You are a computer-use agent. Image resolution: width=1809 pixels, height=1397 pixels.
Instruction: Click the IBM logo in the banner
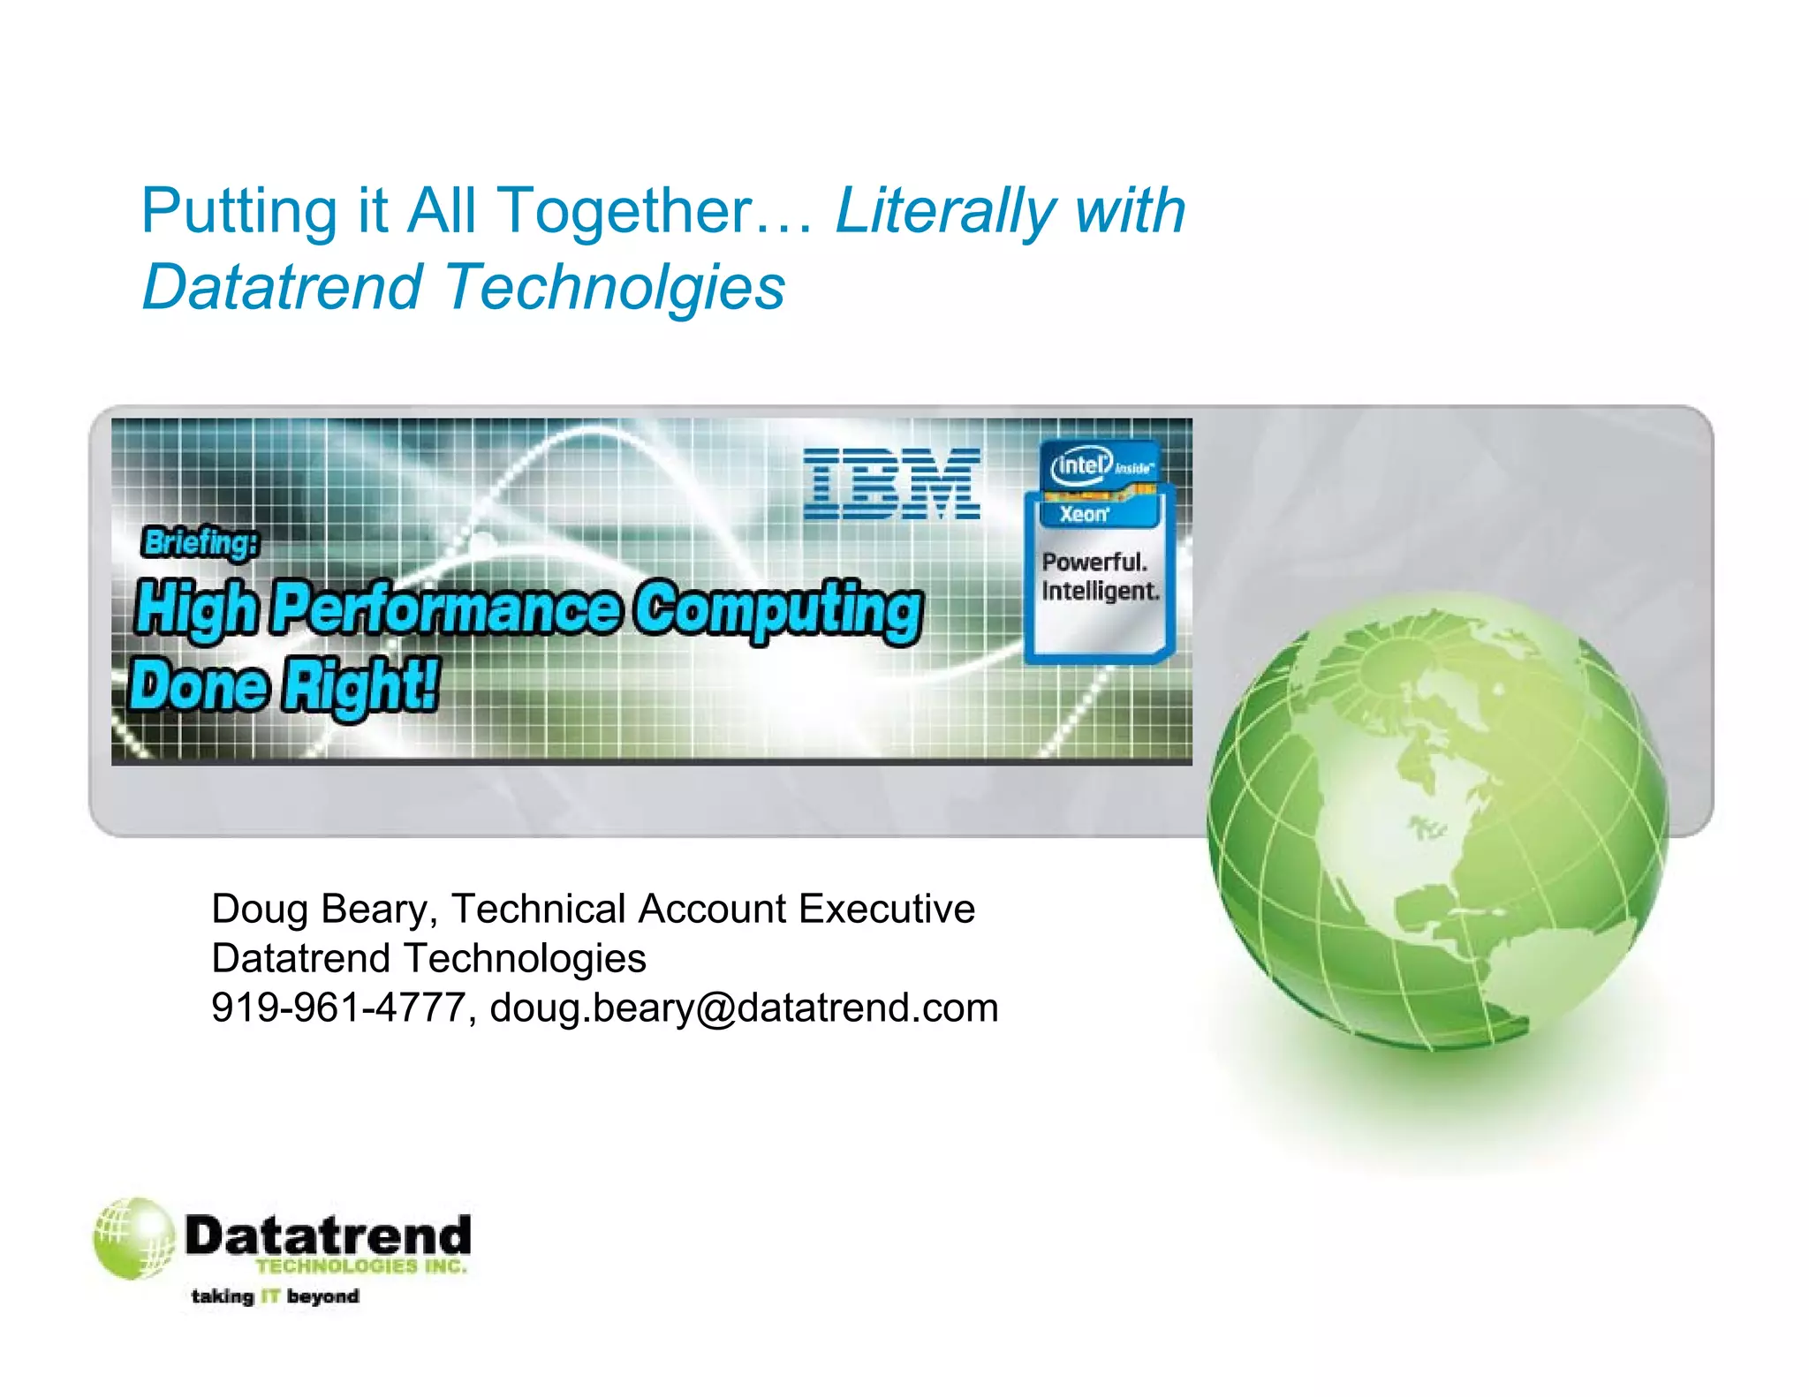pyautogui.click(x=891, y=483)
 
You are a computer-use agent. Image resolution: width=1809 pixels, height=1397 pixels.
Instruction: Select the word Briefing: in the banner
pyautogui.click(x=201, y=542)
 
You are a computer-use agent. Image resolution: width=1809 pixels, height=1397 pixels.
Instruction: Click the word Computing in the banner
pyautogui.click(x=778, y=610)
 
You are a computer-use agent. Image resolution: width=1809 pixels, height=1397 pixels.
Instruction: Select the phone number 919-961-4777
pyautogui.click(x=338, y=1008)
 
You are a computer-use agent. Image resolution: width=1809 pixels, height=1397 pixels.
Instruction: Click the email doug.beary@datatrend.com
pyautogui.click(x=744, y=1008)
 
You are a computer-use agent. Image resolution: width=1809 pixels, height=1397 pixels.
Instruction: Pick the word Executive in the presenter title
pyautogui.click(x=886, y=909)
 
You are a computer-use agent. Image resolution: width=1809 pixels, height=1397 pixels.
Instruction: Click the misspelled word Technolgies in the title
pyautogui.click(x=614, y=287)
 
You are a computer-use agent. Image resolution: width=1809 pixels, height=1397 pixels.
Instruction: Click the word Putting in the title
pyautogui.click(x=239, y=212)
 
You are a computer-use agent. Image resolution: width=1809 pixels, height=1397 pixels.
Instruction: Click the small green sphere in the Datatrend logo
pyautogui.click(x=133, y=1238)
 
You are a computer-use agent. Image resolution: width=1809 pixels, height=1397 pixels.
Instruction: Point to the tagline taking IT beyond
pyautogui.click(x=275, y=1296)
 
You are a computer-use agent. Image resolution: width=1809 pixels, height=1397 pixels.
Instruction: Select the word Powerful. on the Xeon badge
pyautogui.click(x=1094, y=563)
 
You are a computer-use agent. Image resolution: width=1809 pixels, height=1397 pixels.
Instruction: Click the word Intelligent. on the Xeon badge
pyautogui.click(x=1100, y=591)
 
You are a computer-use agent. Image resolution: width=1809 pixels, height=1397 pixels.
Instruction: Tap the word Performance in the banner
pyautogui.click(x=447, y=608)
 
